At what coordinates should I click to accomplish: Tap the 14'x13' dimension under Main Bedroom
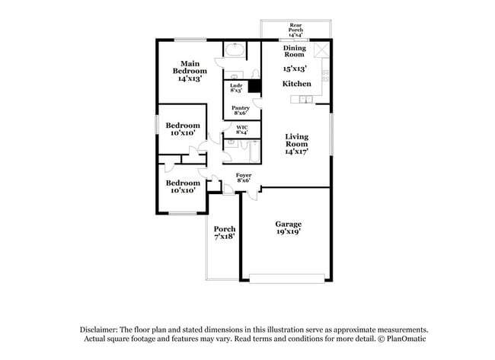[190, 78]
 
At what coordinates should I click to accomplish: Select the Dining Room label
[295, 51]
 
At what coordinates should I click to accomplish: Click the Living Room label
[296, 140]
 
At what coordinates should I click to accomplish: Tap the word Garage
[289, 224]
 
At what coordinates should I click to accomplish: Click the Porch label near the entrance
[224, 229]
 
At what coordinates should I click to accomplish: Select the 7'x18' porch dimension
[224, 237]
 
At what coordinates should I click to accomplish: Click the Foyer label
[244, 175]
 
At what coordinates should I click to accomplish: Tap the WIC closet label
[242, 127]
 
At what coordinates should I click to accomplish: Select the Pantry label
[241, 109]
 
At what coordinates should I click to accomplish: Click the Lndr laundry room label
[236, 86]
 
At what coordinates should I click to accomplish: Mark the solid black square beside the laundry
[255, 86]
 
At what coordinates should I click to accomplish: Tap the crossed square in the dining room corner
[323, 50]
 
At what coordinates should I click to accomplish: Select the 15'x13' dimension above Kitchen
[295, 68]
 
